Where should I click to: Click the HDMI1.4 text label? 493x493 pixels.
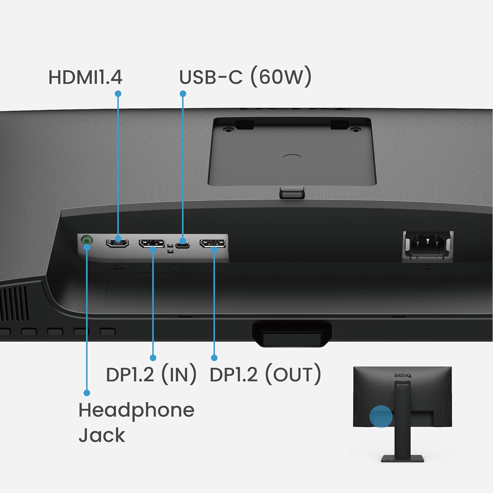(85, 77)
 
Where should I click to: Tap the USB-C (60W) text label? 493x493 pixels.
(245, 77)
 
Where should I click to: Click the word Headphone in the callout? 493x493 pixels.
(136, 411)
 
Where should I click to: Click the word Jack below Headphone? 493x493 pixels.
(102, 435)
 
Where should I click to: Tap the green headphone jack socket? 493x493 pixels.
(86, 240)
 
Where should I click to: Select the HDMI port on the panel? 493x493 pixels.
(117, 243)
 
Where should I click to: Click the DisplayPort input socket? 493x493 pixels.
(152, 243)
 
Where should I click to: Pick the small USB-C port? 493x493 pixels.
(182, 246)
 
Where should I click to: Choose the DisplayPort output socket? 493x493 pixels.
(213, 243)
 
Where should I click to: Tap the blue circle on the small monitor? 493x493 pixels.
(381, 416)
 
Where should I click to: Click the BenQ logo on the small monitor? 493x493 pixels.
(403, 375)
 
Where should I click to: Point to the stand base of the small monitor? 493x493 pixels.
(403, 458)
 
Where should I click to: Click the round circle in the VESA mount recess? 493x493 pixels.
(292, 158)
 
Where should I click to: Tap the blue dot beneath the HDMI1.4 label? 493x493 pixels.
(118, 94)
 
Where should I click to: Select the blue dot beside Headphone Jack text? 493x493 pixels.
(87, 393)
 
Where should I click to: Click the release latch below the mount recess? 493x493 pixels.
(292, 192)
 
